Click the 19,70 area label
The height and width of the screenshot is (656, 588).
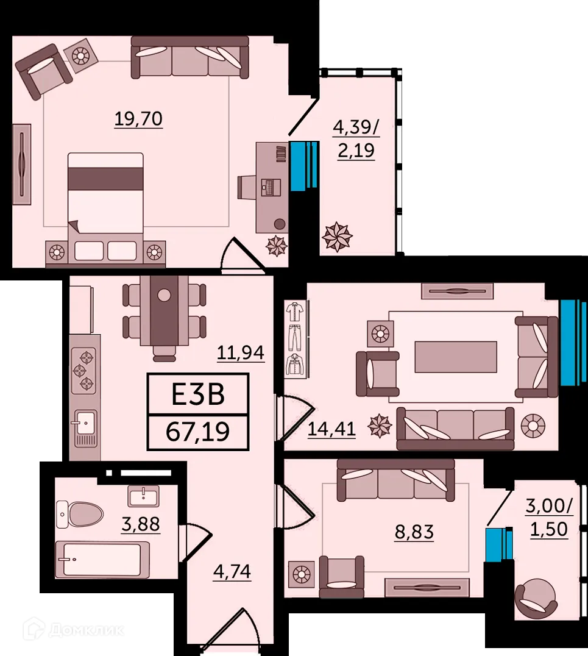(x=138, y=119)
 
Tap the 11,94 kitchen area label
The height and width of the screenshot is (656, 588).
(x=242, y=353)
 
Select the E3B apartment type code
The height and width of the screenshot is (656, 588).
(x=198, y=394)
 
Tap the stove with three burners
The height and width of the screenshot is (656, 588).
(x=84, y=370)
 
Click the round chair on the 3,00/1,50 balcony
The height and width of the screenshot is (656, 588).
(x=534, y=600)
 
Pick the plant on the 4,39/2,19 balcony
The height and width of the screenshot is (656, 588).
(x=337, y=237)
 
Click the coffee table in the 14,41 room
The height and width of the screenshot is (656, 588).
(x=455, y=357)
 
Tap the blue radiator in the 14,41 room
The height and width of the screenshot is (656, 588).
(x=573, y=343)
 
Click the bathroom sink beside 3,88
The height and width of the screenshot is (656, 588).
(x=143, y=495)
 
